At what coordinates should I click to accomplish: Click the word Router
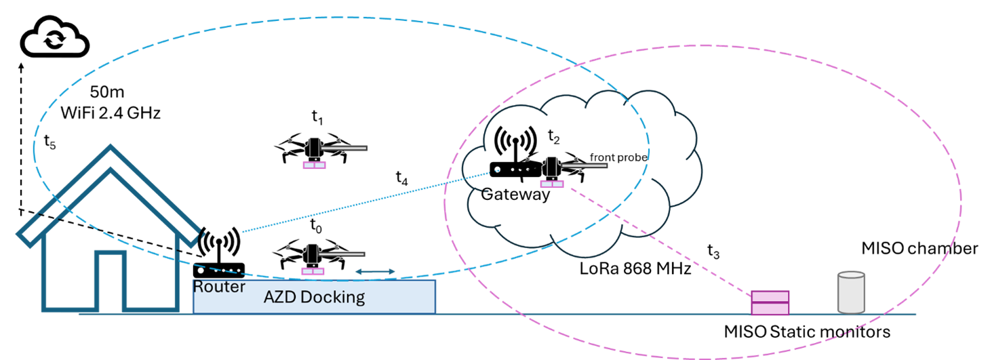point(219,287)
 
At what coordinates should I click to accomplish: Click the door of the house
point(110,282)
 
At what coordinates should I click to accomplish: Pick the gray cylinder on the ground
point(851,293)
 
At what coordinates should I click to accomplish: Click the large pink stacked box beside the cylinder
point(770,302)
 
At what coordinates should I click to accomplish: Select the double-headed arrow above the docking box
point(376,272)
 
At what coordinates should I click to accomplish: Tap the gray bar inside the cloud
point(584,165)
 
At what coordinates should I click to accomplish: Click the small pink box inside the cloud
point(551,184)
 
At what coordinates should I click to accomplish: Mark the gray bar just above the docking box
point(341,254)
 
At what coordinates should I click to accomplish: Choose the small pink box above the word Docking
point(313,271)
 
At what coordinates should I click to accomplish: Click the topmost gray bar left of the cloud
point(344,148)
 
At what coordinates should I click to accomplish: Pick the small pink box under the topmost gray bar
point(314,165)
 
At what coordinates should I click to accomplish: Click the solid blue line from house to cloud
point(366,202)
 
